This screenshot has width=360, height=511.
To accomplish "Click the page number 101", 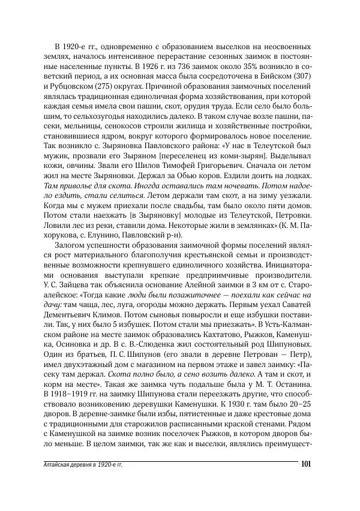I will click(304, 464).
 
